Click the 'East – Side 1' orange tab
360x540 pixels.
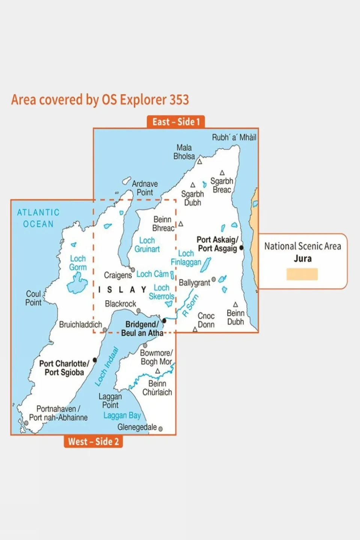[176, 122]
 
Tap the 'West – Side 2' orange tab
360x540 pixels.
[93, 441]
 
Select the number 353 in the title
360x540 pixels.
[179, 100]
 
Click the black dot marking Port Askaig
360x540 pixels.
[241, 248]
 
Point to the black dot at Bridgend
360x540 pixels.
[164, 321]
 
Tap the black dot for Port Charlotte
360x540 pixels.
[95, 360]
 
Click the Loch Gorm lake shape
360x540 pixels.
[77, 284]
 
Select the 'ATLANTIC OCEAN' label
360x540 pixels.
[38, 218]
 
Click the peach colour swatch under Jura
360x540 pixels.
[302, 274]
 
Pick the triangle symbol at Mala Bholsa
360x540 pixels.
[200, 162]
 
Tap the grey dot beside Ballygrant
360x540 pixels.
[214, 279]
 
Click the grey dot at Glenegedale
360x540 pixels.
[161, 429]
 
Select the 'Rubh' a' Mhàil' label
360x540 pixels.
[234, 137]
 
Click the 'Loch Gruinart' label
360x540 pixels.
[147, 245]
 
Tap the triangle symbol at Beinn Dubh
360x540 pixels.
[235, 304]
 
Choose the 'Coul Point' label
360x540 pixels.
[33, 298]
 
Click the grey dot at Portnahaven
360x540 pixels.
[26, 423]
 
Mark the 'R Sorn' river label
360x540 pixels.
[190, 305]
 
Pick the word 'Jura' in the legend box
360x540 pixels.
[302, 259]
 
